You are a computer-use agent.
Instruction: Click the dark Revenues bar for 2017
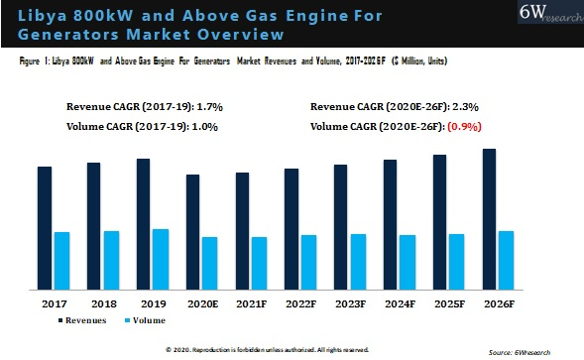pos(45,228)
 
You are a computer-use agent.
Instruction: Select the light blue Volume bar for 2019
pos(161,259)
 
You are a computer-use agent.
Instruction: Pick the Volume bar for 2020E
pos(209,263)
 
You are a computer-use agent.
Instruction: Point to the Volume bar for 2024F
pos(407,262)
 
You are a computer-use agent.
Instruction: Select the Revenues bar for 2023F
pos(340,227)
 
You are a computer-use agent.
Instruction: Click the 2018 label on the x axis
pos(103,302)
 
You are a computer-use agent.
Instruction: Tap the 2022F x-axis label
pos(300,302)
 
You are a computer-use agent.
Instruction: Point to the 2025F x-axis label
pos(448,302)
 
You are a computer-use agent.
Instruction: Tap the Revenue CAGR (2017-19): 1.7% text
pos(142,105)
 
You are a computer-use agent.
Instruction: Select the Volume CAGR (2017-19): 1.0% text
pos(142,127)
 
